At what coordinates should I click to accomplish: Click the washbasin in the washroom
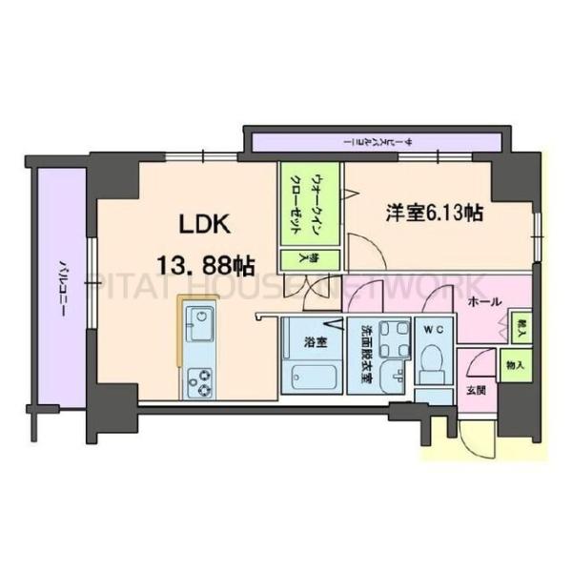(x=392, y=380)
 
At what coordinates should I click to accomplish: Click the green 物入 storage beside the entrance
(x=514, y=366)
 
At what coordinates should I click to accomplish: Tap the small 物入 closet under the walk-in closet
(x=296, y=257)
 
